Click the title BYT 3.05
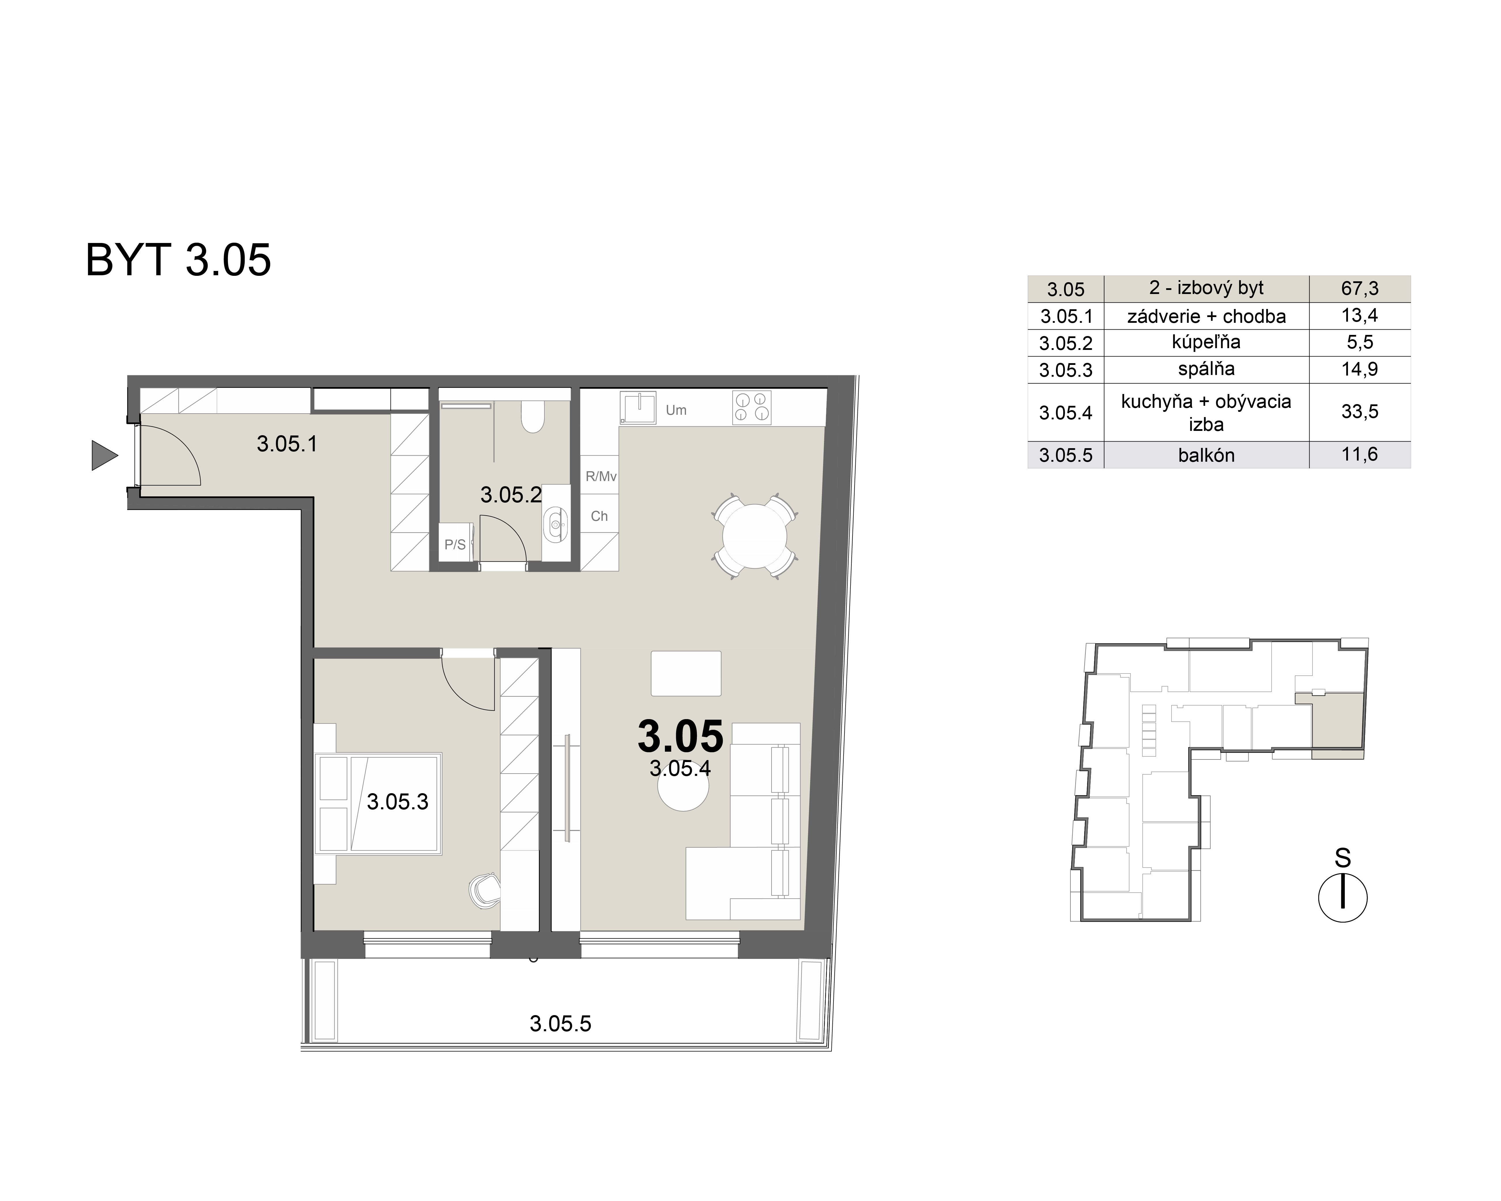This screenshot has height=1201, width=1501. click(x=178, y=260)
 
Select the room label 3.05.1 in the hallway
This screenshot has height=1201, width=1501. click(x=287, y=444)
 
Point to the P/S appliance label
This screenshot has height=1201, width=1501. click(x=455, y=544)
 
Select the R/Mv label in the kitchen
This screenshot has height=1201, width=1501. click(x=601, y=477)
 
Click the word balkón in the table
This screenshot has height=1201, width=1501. click(x=1206, y=455)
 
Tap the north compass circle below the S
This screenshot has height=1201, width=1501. click(x=1342, y=898)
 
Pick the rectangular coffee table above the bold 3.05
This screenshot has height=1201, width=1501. click(x=686, y=673)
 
